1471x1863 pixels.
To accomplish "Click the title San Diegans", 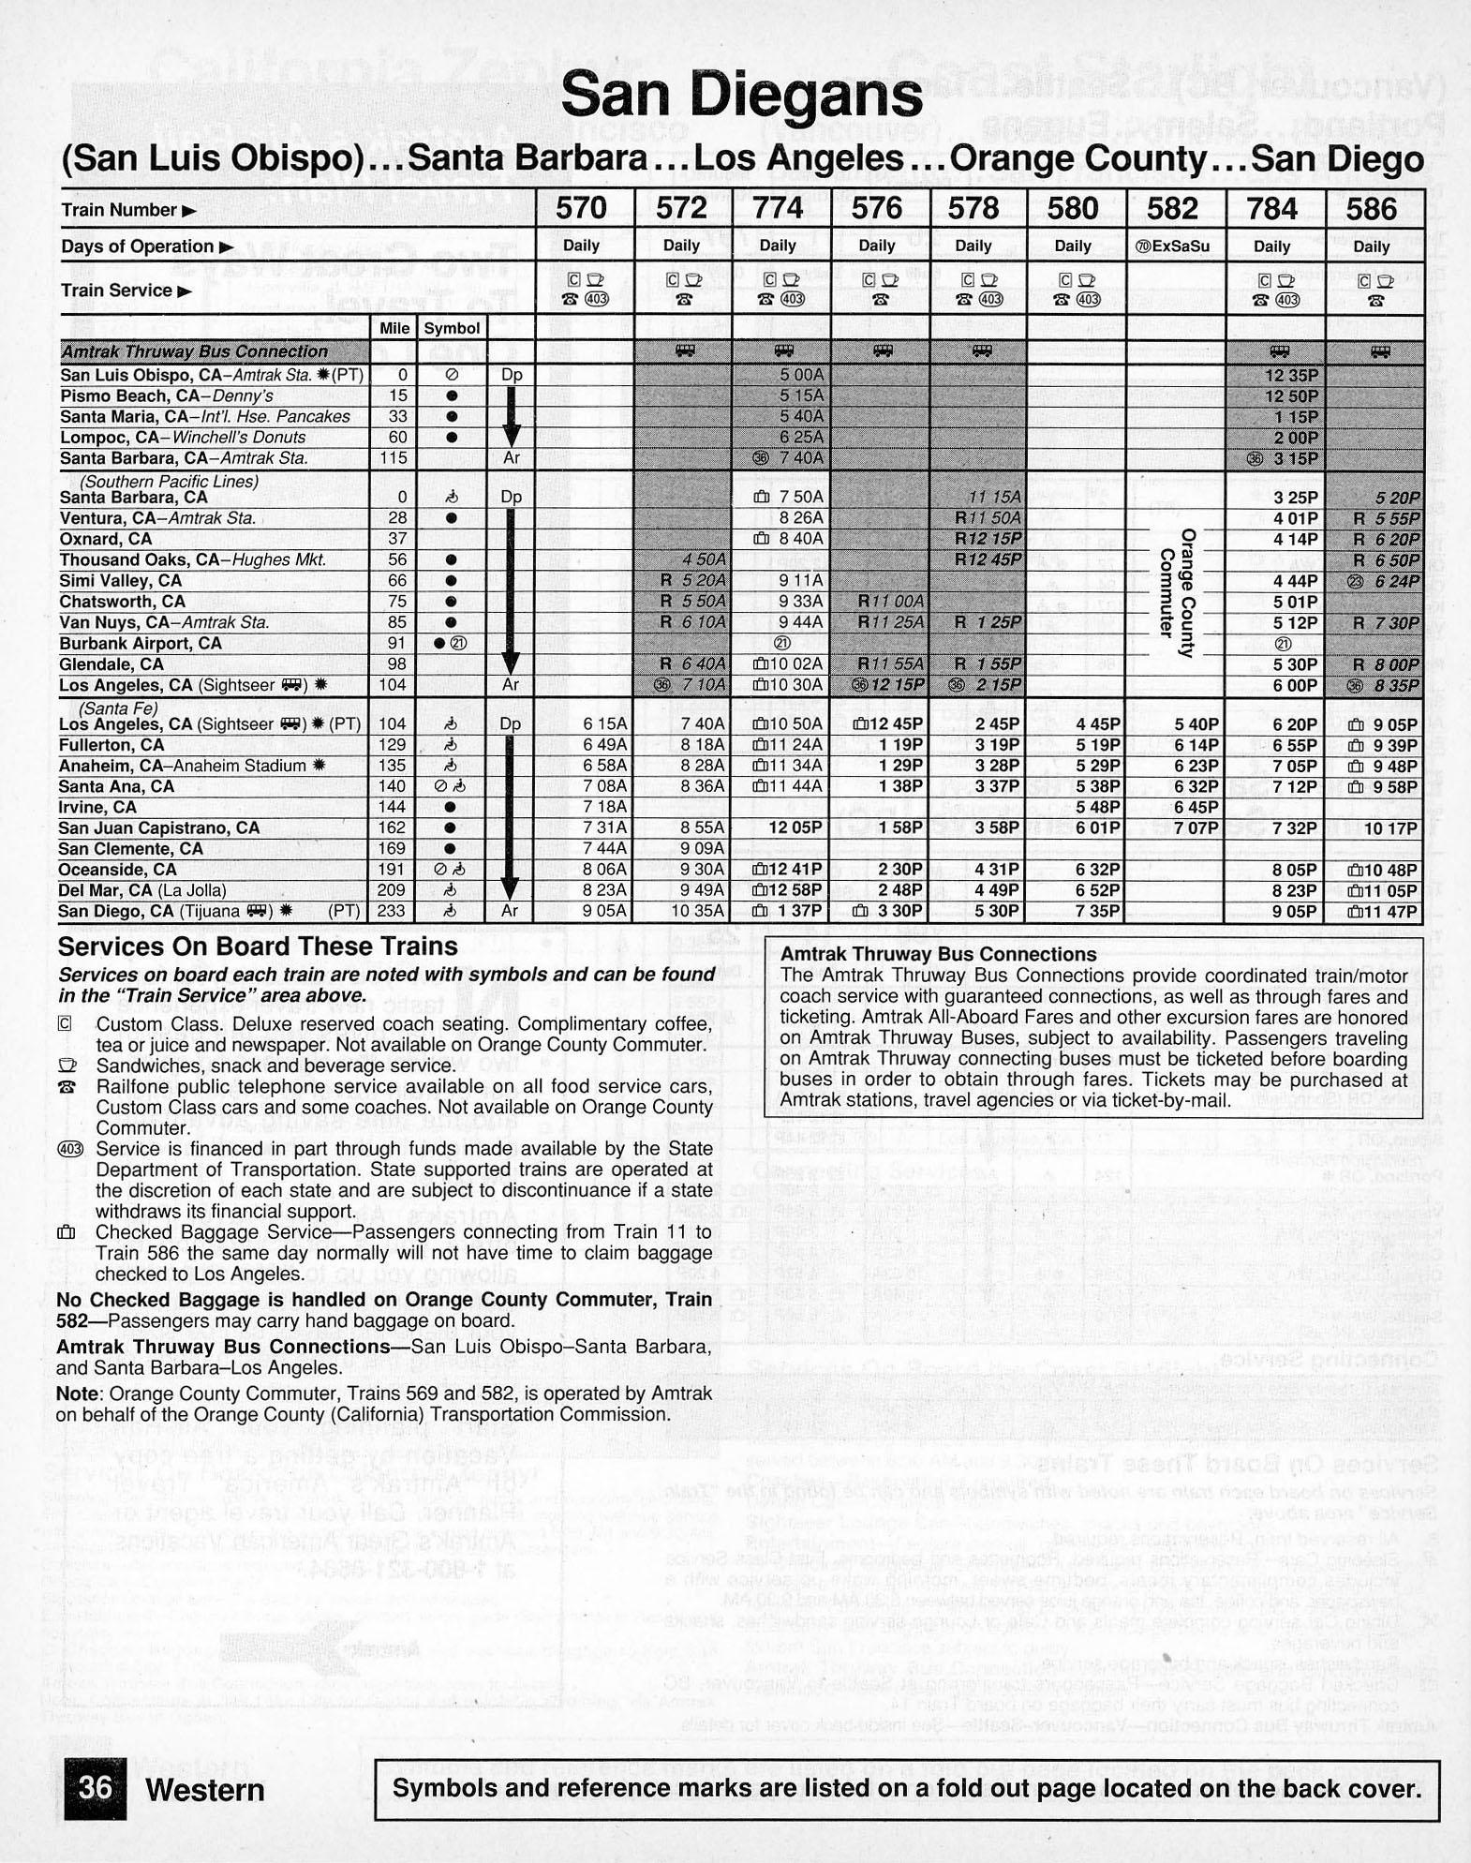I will pos(741,95).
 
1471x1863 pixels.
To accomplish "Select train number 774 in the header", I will pos(778,207).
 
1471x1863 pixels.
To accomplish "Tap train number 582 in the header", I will pos(1172,207).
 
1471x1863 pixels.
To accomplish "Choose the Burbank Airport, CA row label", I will pos(141,644).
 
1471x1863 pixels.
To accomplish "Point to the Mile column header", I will pos(394,328).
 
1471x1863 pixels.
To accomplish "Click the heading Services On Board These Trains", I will pos(258,946).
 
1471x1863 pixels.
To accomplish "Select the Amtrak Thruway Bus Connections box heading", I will pos(938,954).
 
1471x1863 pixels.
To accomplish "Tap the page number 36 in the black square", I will pos(95,1787).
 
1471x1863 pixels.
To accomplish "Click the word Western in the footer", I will pos(205,1789).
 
